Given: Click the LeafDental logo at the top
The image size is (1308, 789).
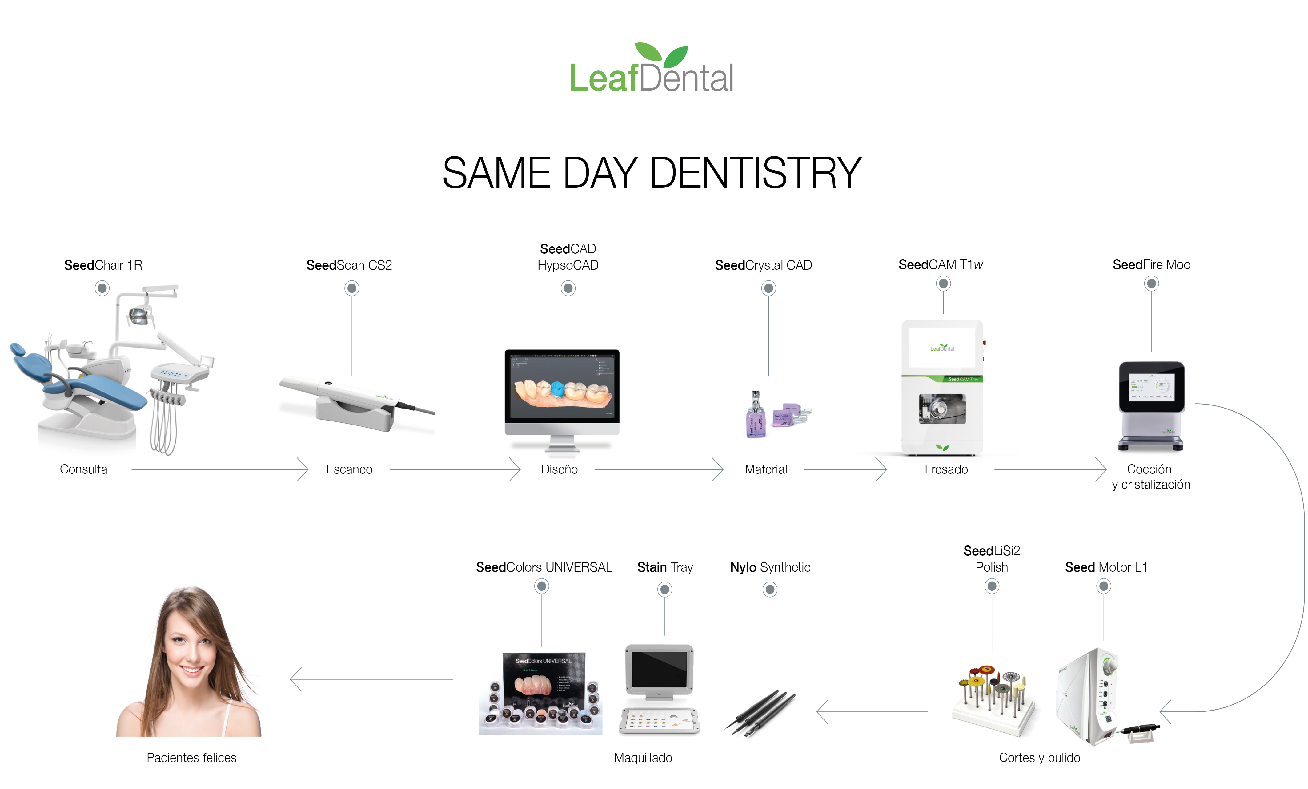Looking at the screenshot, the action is (651, 69).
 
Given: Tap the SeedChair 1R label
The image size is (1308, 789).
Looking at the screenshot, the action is (103, 265).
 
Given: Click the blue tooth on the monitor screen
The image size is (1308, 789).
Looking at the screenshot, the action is (557, 389).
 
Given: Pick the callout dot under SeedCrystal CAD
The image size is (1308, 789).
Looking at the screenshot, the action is (768, 288).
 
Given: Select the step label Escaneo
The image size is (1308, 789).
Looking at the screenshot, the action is (349, 469).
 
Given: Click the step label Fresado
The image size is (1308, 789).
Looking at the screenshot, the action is (946, 469).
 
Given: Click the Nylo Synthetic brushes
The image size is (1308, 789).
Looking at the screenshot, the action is (760, 711).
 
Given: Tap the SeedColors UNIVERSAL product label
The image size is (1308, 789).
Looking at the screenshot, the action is (544, 567).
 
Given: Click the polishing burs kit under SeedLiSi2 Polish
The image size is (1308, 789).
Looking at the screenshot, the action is (993, 701).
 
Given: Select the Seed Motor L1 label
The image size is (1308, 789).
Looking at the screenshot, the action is (1106, 567).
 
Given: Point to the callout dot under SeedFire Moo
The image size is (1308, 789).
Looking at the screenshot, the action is (1151, 284).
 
